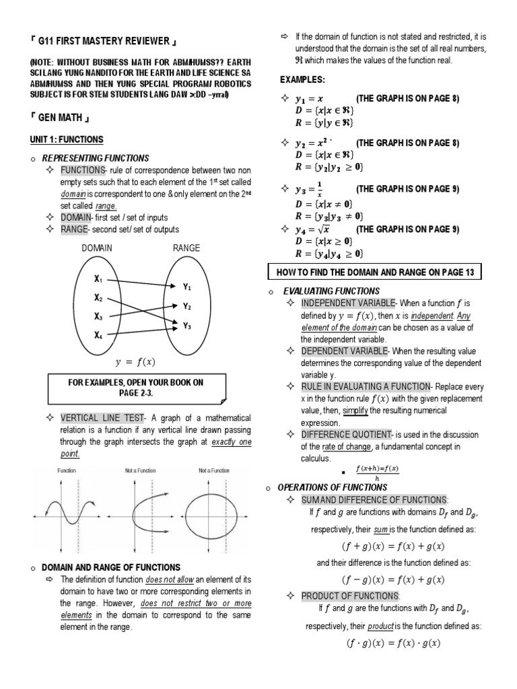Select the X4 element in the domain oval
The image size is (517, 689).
tap(98, 334)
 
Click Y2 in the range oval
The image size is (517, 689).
tap(188, 306)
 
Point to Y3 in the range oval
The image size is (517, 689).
tap(188, 326)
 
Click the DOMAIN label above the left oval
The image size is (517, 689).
tap(97, 248)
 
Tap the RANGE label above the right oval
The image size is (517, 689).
tap(186, 248)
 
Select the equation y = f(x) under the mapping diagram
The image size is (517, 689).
tap(135, 361)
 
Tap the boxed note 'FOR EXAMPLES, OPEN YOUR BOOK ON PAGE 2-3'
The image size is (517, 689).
tap(135, 388)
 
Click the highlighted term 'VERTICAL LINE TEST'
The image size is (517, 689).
tap(102, 418)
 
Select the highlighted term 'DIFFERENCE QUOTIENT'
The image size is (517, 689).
tap(342, 435)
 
